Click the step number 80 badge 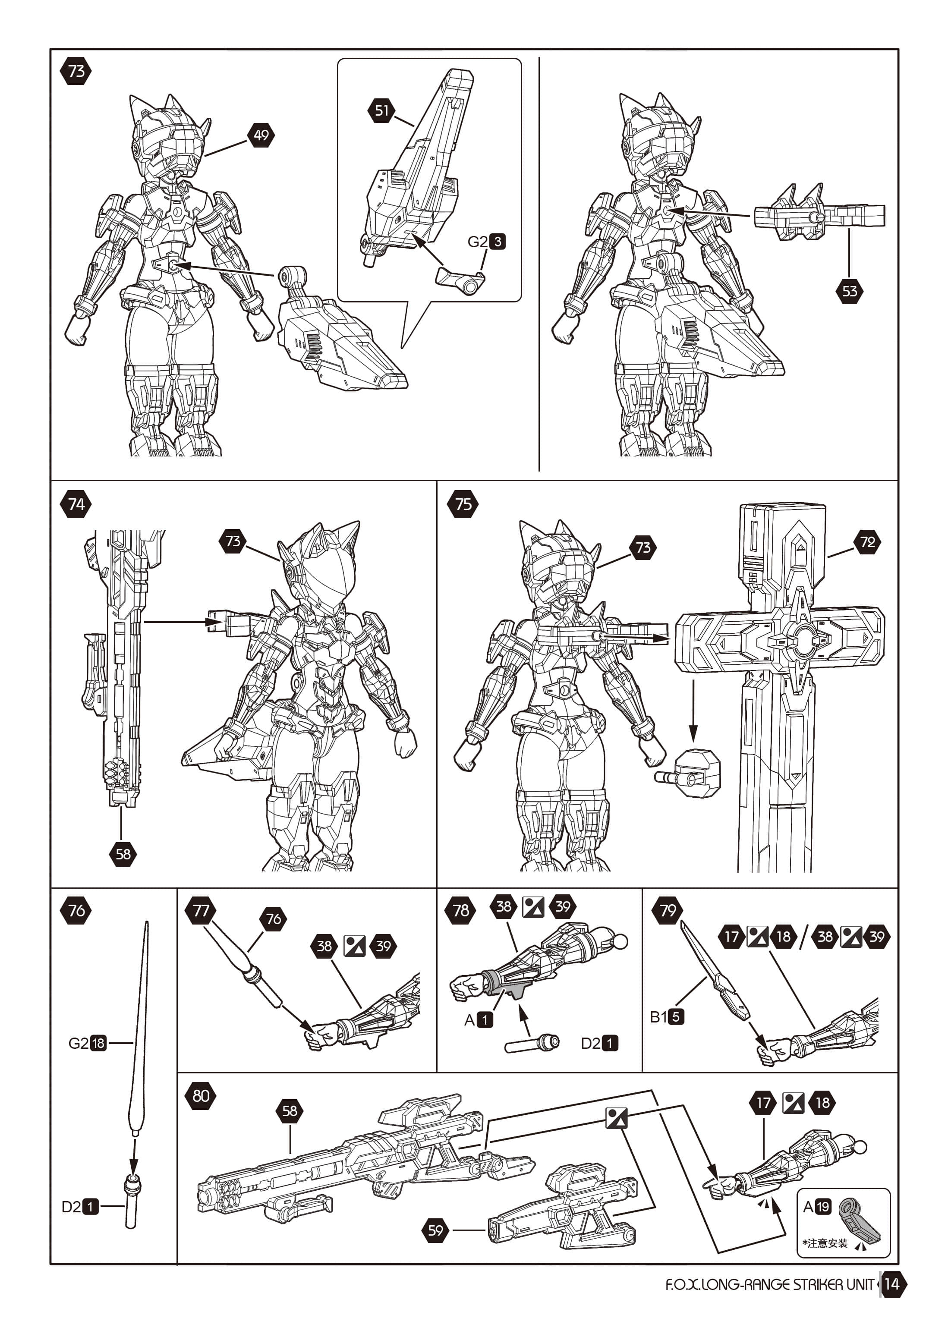pos(201,1095)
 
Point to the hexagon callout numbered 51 pos(382,110)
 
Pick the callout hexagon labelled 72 pos(867,542)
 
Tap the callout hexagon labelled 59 pos(435,1230)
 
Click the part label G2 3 pos(487,242)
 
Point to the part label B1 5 pos(667,1017)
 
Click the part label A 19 pos(817,1206)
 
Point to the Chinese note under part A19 pos(825,1243)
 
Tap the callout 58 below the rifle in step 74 pos(123,854)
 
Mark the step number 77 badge pos(201,910)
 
